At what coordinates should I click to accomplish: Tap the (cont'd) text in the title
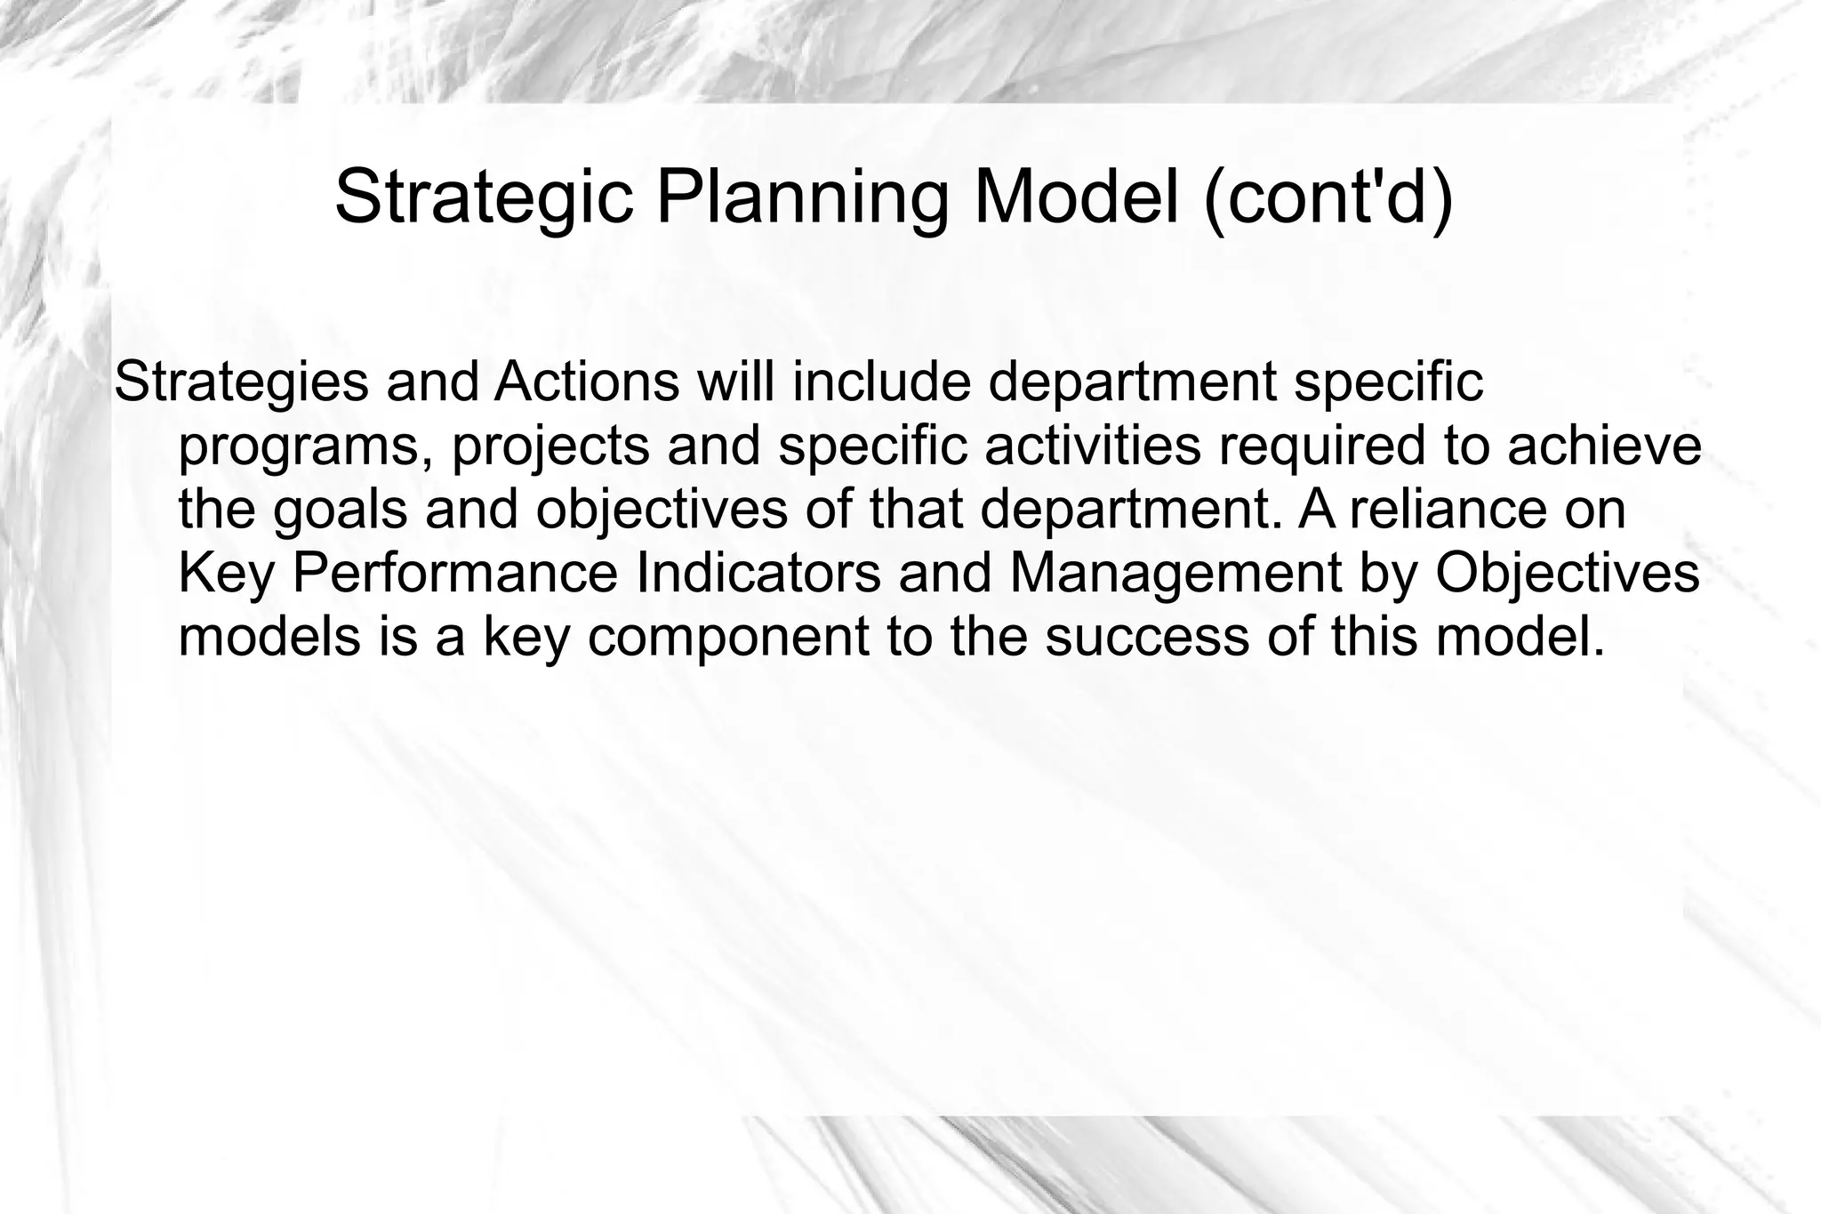pyautogui.click(x=1328, y=197)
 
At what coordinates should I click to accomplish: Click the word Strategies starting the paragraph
pyautogui.click(x=241, y=382)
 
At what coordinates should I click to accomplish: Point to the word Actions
pyautogui.click(x=587, y=382)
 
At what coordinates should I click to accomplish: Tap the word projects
pyautogui.click(x=550, y=446)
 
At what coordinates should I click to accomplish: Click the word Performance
pyautogui.click(x=453, y=574)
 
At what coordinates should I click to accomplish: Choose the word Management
pyautogui.click(x=1175, y=574)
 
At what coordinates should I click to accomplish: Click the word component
pyautogui.click(x=728, y=638)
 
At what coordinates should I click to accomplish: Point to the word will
pyautogui.click(x=734, y=382)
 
